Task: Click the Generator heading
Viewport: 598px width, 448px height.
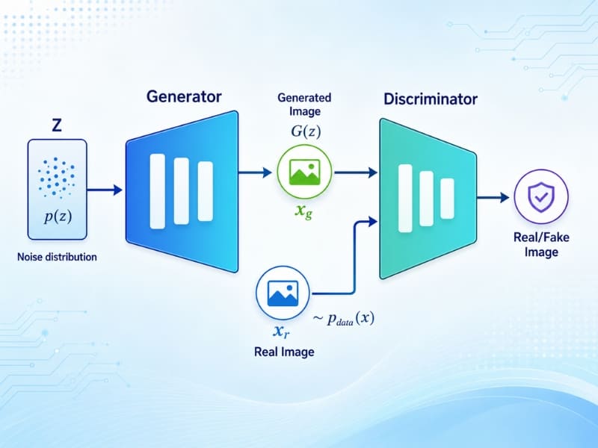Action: pos(184,96)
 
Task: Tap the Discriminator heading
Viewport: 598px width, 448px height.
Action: pos(431,99)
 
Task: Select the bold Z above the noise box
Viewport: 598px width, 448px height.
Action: pos(57,125)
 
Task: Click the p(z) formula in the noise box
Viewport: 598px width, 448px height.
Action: pos(58,216)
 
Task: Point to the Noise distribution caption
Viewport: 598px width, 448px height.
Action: pos(57,257)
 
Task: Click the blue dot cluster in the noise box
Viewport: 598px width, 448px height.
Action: pos(57,177)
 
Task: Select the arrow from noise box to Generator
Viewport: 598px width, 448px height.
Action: pos(105,190)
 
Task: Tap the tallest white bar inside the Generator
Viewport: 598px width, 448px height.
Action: pos(158,191)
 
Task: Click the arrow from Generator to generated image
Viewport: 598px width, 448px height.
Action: pos(255,172)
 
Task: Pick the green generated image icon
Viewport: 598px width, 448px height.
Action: pos(304,172)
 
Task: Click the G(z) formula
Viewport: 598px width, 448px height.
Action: pos(306,131)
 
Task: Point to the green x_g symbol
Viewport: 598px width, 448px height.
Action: pos(304,211)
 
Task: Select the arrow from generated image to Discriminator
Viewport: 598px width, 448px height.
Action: pos(356,172)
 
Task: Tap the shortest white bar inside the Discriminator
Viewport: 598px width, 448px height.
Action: pos(447,199)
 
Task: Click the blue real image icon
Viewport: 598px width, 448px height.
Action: pos(283,293)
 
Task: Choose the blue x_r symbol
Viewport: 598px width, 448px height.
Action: pos(281,332)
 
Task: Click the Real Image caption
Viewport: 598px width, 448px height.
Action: pos(284,352)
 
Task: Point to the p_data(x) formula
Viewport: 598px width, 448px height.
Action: pos(343,318)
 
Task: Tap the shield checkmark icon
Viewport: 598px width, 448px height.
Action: pos(541,196)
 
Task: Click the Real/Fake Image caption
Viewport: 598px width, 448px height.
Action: pos(541,245)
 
